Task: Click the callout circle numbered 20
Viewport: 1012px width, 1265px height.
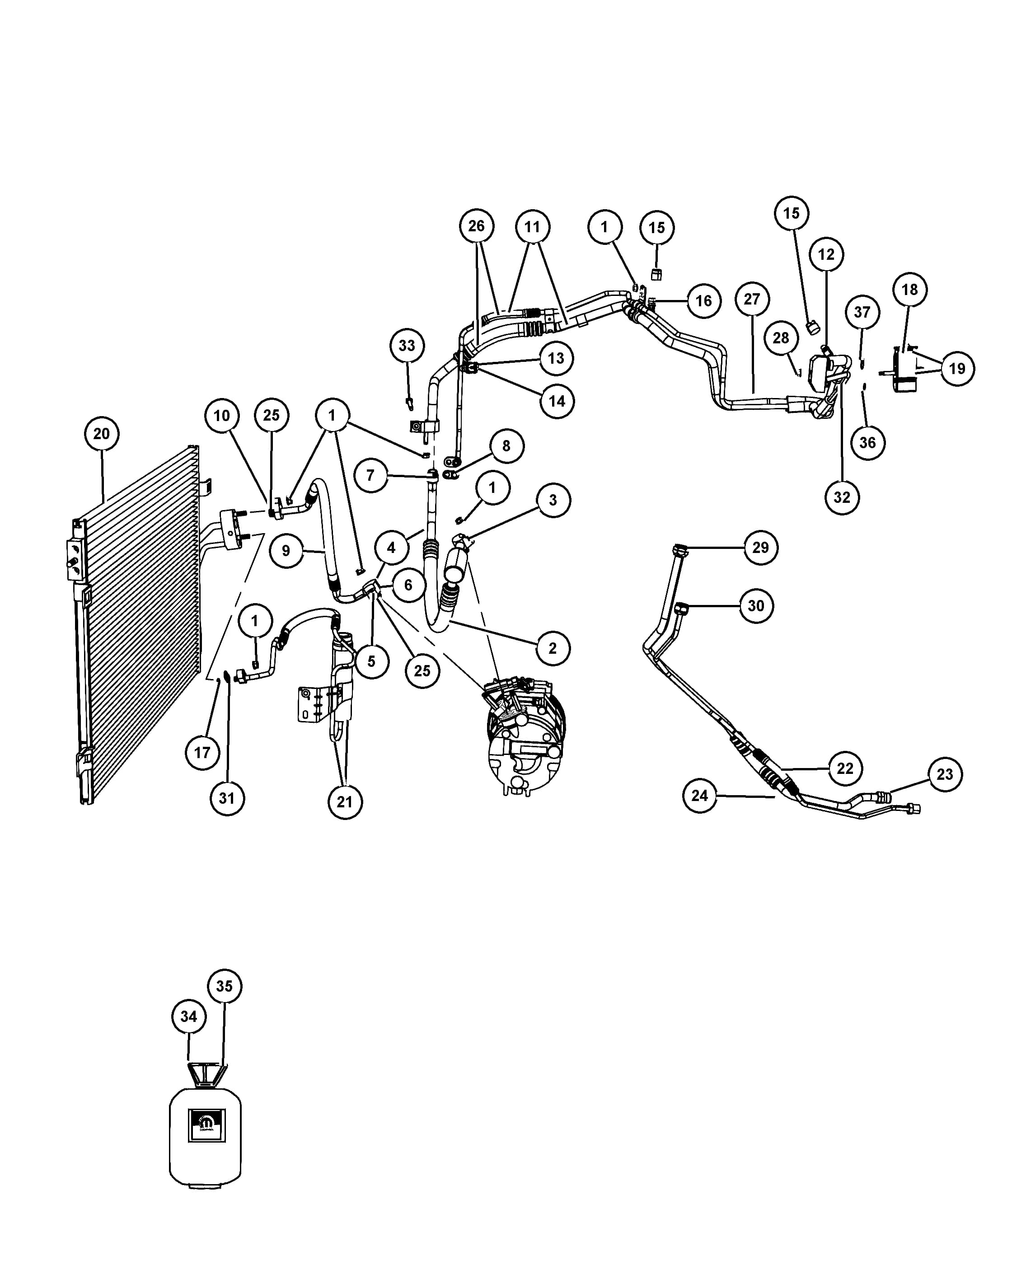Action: click(102, 434)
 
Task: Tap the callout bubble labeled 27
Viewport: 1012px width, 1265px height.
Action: click(752, 299)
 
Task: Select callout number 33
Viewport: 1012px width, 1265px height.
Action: click(407, 346)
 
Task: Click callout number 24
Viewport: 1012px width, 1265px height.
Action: click(700, 796)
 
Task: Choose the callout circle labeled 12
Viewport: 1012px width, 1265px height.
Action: click(826, 255)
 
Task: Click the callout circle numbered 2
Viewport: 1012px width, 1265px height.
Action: click(553, 648)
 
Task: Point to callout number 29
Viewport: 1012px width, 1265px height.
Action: click(760, 548)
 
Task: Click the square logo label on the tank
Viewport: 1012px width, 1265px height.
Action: click(206, 1125)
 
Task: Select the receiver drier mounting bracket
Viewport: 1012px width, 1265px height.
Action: click(312, 703)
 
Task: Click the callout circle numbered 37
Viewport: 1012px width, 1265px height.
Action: click(862, 312)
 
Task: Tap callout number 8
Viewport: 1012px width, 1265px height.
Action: click(506, 446)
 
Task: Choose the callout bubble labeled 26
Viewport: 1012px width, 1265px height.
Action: click(476, 226)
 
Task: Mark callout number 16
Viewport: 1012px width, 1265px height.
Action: click(703, 301)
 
